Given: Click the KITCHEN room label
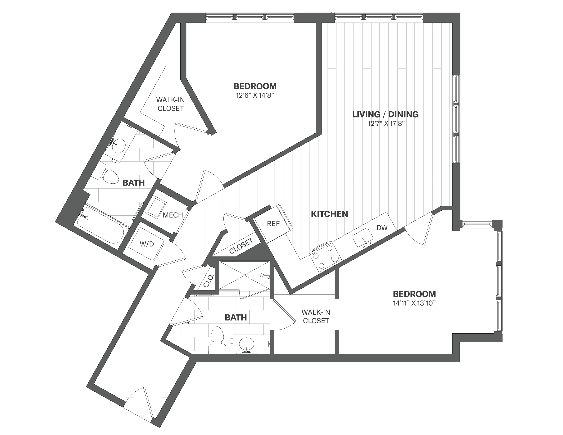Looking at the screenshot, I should click(329, 214).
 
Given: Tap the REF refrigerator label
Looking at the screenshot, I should click(273, 223).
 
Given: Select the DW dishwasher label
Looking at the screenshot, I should click(382, 227).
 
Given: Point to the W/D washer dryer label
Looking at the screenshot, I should click(147, 244).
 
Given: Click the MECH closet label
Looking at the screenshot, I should click(173, 215).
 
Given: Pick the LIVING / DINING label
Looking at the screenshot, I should click(385, 114).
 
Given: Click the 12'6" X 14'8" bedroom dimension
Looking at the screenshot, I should click(255, 95).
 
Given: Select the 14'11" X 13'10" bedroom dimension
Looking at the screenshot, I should click(414, 303).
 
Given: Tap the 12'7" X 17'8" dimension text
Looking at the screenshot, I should click(386, 124).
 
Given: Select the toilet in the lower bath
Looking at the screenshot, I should click(217, 340).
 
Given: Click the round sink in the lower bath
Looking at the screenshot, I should click(246, 344).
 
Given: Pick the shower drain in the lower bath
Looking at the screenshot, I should click(244, 275).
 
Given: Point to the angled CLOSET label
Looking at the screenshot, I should click(241, 246).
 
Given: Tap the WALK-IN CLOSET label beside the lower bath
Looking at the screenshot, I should click(316, 316).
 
